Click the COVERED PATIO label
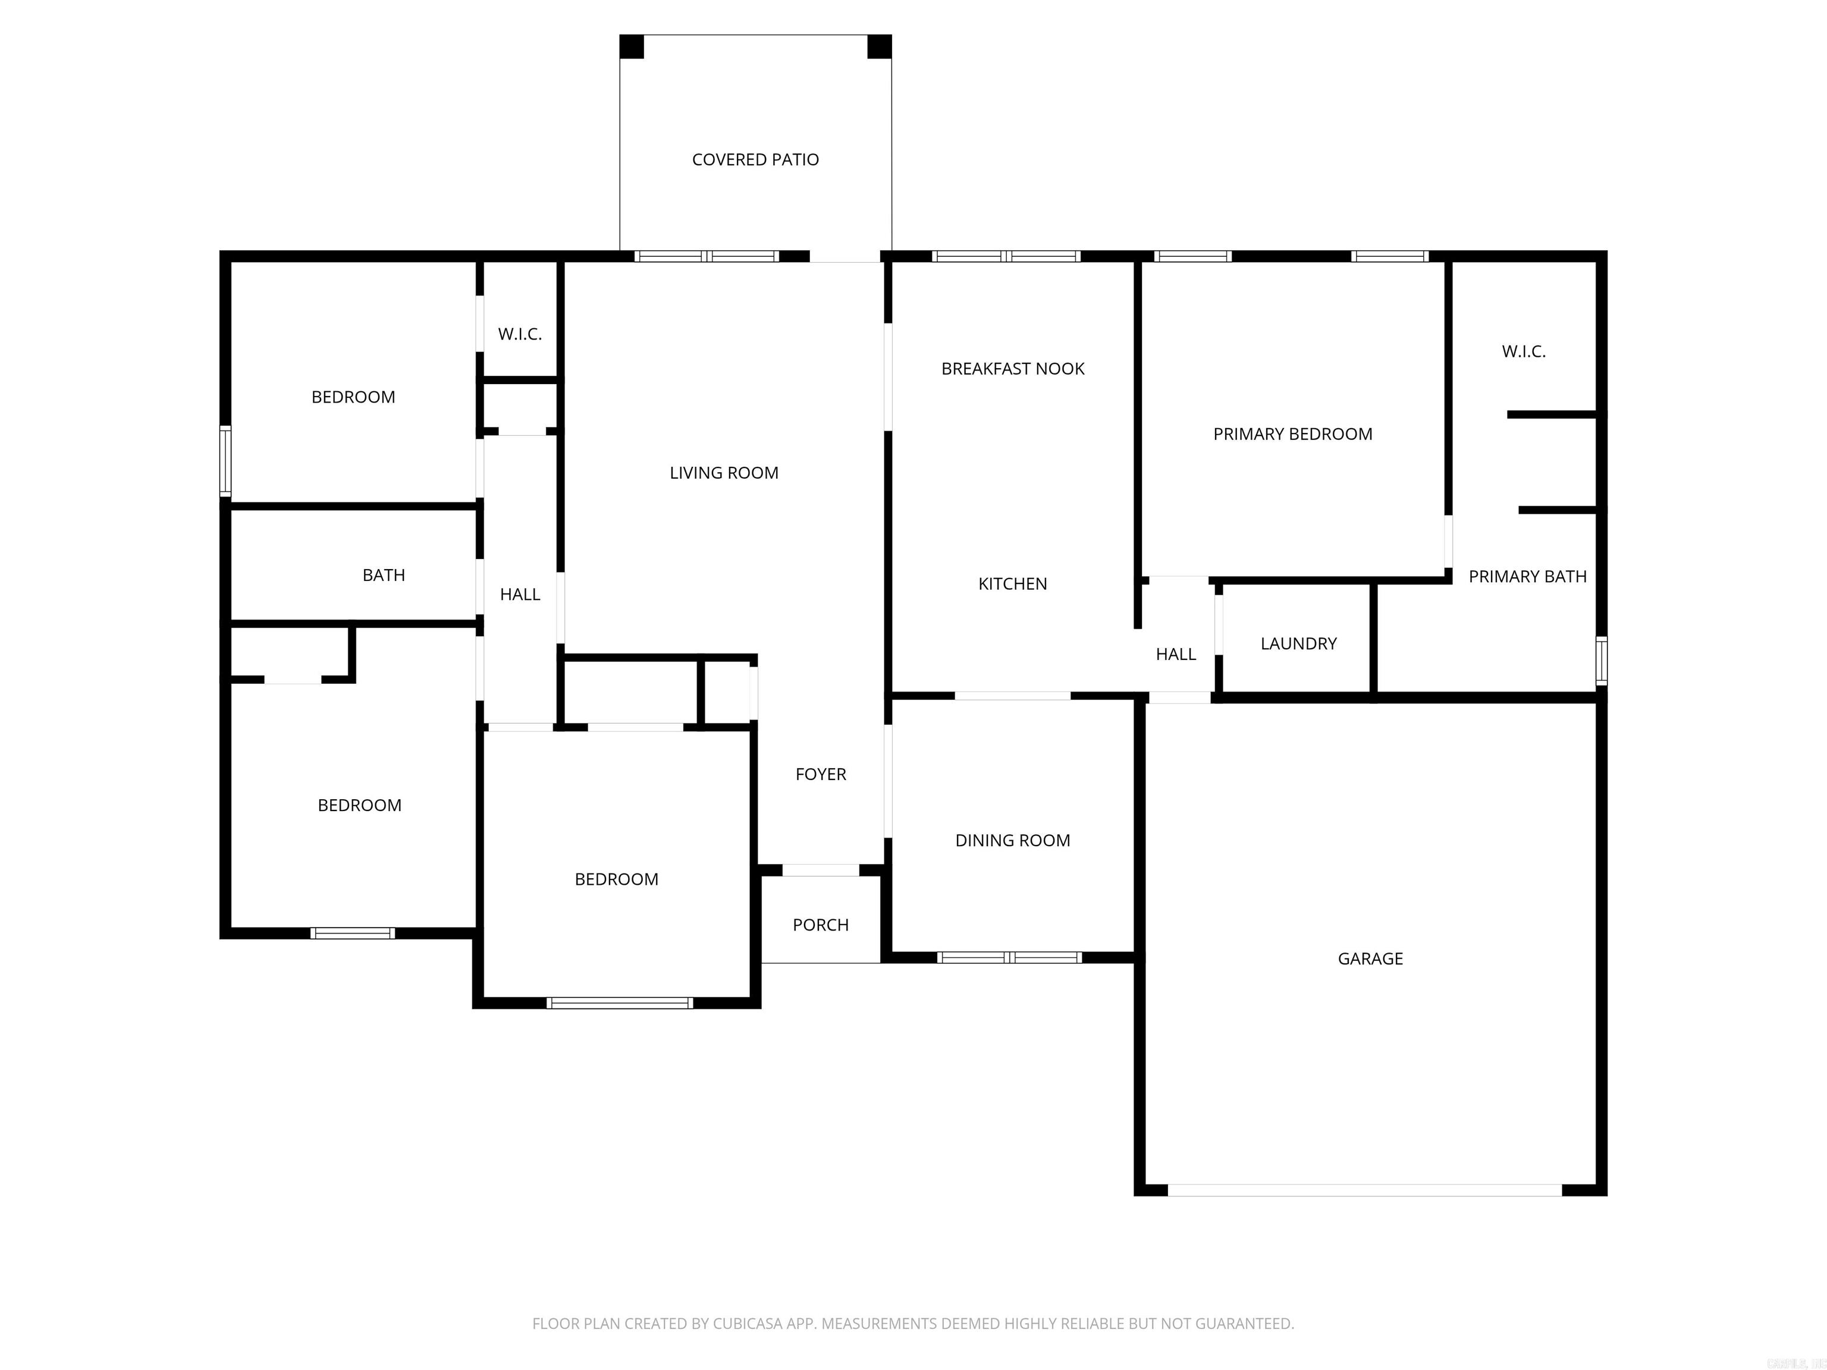pos(755,159)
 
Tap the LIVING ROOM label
pos(724,472)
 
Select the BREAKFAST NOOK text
pos(1013,368)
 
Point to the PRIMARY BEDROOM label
pos(1292,433)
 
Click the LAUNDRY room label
pos(1298,643)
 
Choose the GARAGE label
pos(1370,958)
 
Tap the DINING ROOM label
pos(1013,840)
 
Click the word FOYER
pos(820,774)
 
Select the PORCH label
pos(820,924)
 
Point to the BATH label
pos(383,575)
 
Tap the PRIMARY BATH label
pos(1527,576)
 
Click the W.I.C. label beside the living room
pos(520,334)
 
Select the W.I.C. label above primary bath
pos(1523,351)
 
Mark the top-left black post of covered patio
pos(632,47)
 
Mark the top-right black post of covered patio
pos(879,47)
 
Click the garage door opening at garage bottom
pos(1364,1190)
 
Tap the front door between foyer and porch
pos(820,869)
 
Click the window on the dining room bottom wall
pos(1009,957)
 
